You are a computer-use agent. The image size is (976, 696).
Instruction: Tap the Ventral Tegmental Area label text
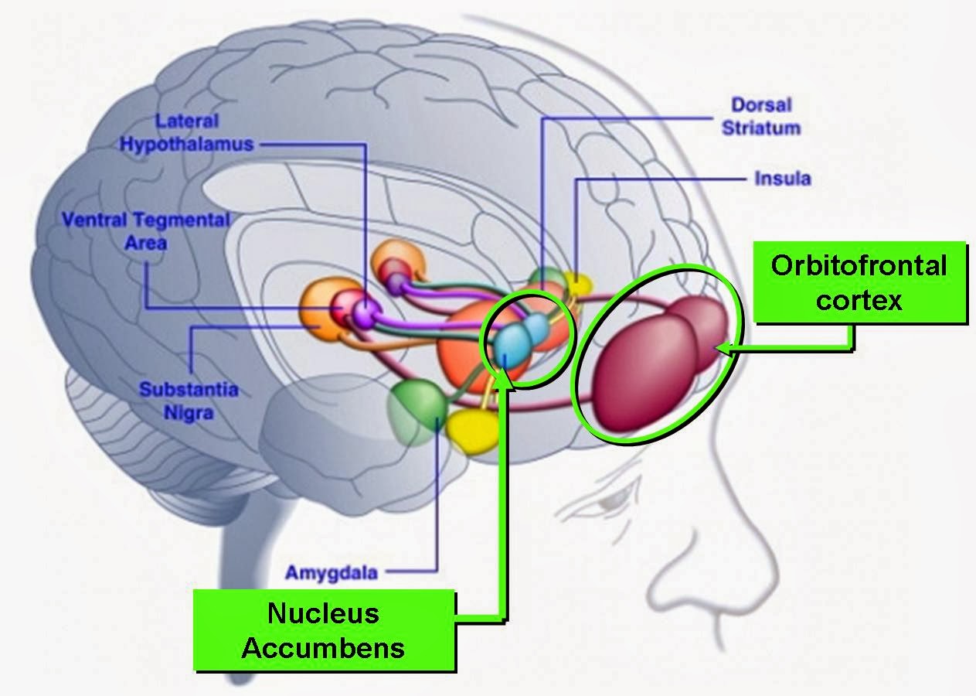145,230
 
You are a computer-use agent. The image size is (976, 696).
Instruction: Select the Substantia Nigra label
188,401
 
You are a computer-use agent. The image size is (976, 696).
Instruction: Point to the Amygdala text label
331,573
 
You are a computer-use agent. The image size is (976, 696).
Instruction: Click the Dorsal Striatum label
760,116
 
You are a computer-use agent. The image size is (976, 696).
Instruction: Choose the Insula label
782,179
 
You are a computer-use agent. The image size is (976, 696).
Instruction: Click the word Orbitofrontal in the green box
858,265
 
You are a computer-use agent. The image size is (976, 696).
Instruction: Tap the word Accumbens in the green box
322,647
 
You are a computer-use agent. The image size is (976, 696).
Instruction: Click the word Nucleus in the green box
323,612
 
